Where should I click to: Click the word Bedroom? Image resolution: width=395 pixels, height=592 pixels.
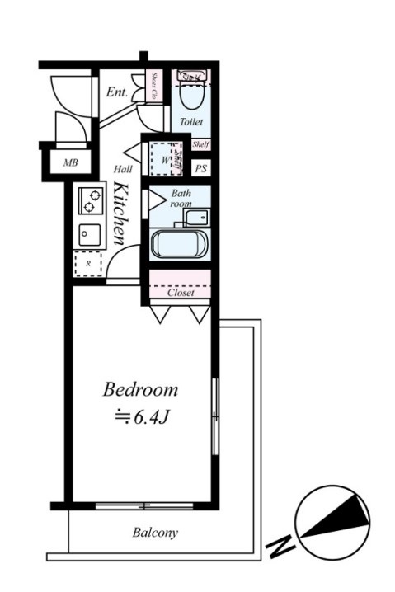[140, 389]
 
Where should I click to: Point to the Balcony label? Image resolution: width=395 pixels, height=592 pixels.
[155, 533]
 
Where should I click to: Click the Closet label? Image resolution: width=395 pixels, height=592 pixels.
[181, 293]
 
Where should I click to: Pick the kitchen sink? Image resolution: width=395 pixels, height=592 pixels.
[89, 235]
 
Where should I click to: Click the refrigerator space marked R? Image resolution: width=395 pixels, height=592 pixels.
[87, 265]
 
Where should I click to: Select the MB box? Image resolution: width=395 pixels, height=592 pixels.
[70, 162]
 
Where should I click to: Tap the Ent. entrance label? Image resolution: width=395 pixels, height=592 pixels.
[117, 92]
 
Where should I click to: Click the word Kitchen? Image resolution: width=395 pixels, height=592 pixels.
[120, 213]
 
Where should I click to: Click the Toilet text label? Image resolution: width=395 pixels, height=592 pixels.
[191, 122]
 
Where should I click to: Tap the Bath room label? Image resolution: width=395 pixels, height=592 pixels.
[181, 199]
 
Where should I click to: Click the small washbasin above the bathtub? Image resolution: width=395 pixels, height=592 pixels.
[196, 218]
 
